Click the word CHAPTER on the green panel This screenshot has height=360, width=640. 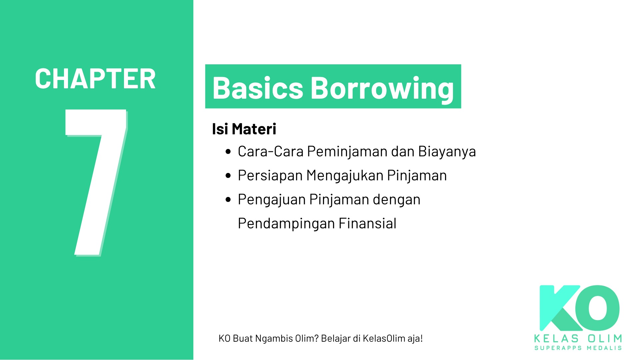pos(95,79)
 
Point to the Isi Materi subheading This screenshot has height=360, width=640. pos(244,129)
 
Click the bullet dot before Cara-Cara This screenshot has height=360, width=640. pos(228,152)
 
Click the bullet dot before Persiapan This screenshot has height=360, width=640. pos(228,176)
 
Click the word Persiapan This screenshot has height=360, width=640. pos(270,176)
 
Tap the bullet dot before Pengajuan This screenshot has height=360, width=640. pos(228,200)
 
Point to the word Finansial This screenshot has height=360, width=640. pos(367,224)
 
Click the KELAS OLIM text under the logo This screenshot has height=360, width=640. pos(578,339)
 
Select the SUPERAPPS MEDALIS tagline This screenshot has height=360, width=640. pos(578,348)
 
